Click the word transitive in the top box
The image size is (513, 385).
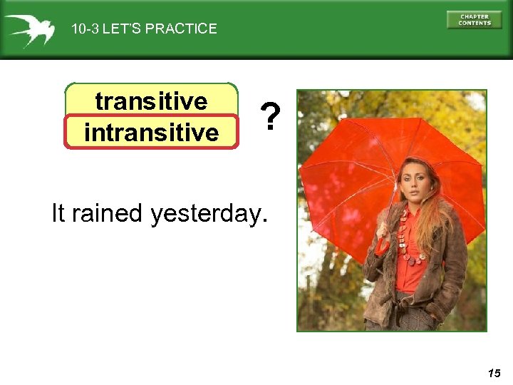point(151,101)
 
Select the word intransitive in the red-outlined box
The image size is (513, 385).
point(151,132)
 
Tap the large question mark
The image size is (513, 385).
point(268,117)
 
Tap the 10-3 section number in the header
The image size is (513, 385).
point(85,29)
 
